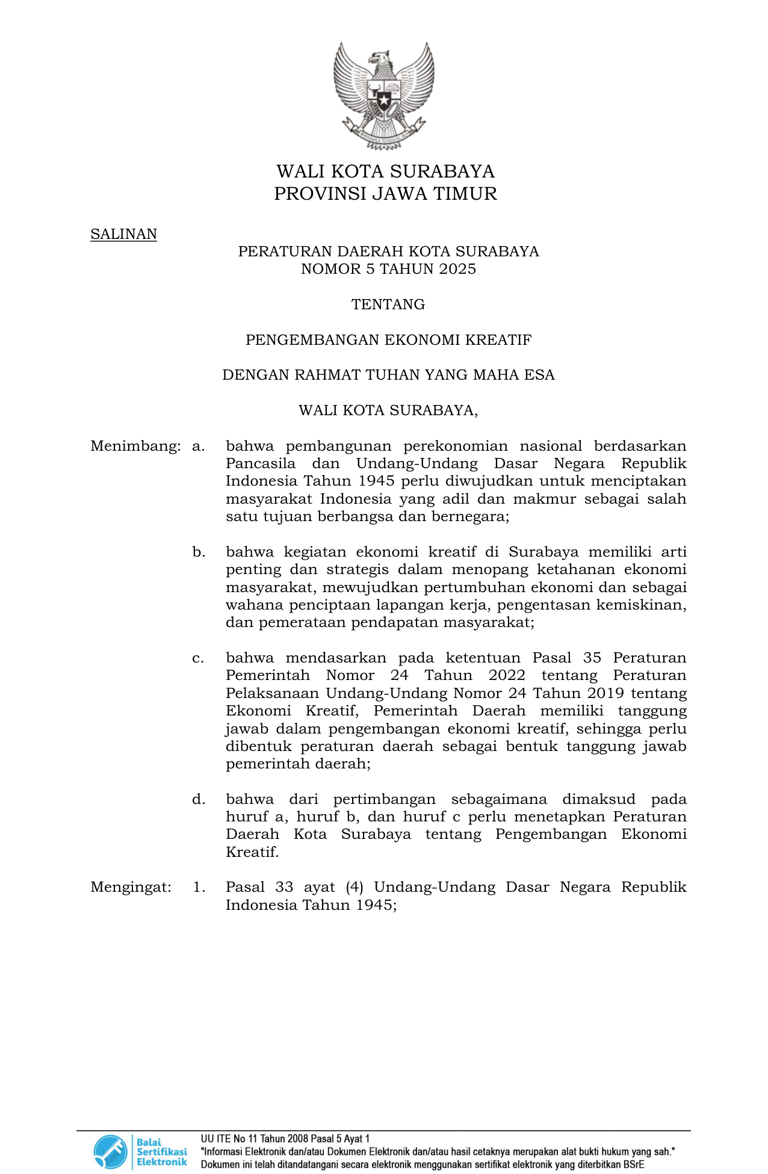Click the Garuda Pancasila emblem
click(384, 96)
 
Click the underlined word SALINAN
click(123, 234)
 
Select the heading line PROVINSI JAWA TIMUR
click(385, 194)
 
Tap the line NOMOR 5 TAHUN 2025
click(388, 269)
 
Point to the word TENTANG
click(388, 304)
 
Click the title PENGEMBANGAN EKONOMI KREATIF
click(388, 340)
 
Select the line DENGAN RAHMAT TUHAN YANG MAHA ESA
click(388, 375)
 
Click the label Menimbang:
click(135, 446)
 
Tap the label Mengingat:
click(131, 887)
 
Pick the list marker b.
click(199, 552)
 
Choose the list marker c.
click(198, 658)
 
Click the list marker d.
click(199, 799)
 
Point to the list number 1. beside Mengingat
click(199, 887)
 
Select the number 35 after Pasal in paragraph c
click(592, 658)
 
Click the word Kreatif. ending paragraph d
click(252, 852)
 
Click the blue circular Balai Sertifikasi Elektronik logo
click(110, 1152)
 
